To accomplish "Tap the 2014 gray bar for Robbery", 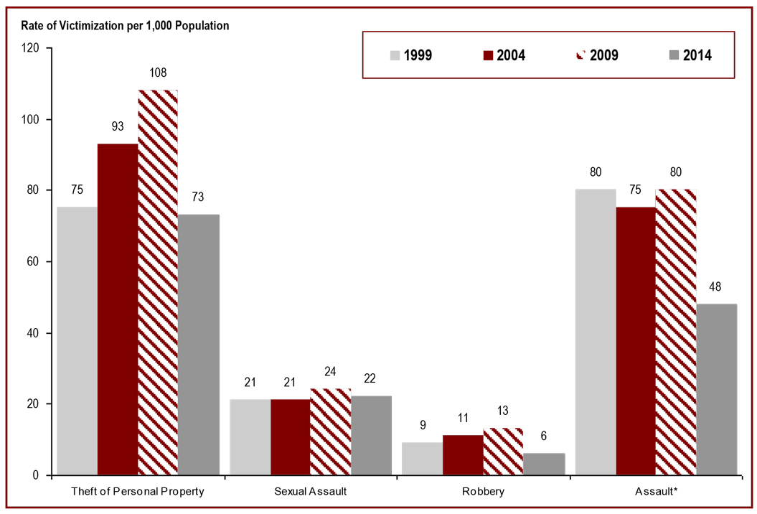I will (x=544, y=464).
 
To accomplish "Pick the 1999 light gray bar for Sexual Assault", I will (x=250, y=437).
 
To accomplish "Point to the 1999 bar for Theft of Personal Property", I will (x=77, y=341).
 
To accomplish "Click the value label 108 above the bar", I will (x=157, y=73).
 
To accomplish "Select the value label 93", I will (x=118, y=126).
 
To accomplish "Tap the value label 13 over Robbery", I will (x=503, y=411).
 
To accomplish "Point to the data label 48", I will (x=716, y=287).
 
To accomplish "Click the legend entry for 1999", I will (x=411, y=55).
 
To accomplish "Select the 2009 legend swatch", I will (x=580, y=54).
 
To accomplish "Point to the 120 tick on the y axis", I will (x=32, y=48).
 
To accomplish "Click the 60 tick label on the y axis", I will (x=35, y=262).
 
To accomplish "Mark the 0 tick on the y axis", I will (x=38, y=475).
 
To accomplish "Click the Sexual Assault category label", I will (x=311, y=492).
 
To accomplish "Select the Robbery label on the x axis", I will (x=483, y=492).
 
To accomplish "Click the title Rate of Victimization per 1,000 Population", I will (x=120, y=26).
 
